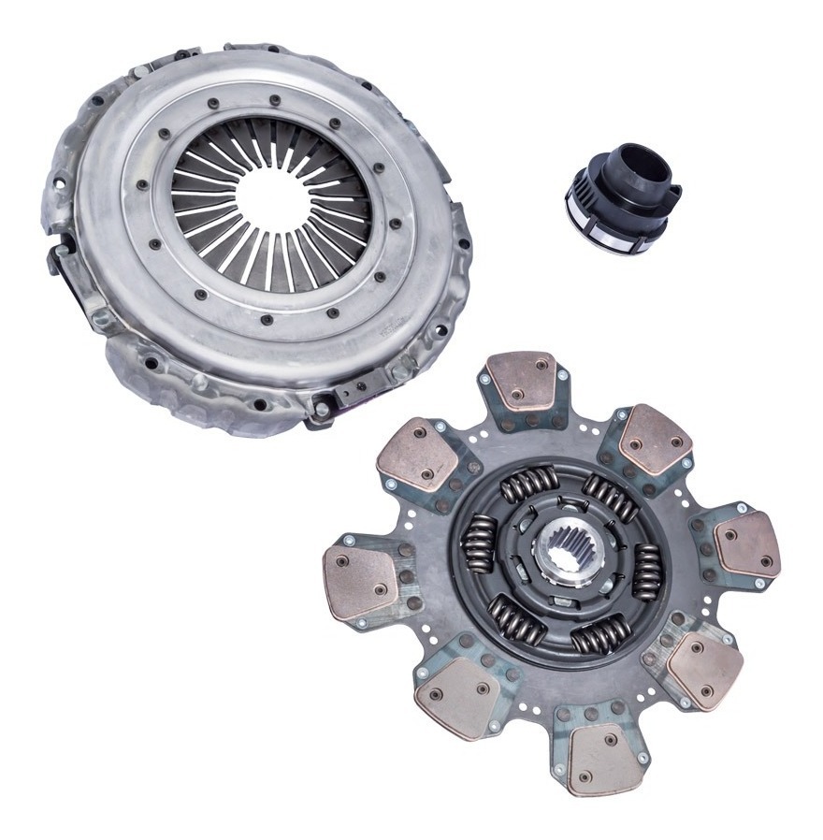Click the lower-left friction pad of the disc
(x=457, y=694)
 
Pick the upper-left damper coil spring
(x=527, y=485)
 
